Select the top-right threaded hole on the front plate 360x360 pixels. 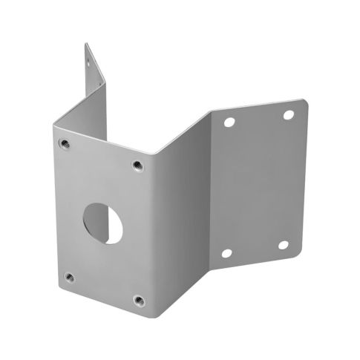tap(137, 165)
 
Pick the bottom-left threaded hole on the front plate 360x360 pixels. tap(69, 277)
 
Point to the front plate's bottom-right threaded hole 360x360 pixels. tap(138, 300)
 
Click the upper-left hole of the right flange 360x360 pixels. tap(229, 122)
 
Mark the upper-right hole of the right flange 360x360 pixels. tap(289, 115)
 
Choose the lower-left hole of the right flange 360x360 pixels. tap(226, 253)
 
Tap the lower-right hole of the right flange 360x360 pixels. tap(283, 244)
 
